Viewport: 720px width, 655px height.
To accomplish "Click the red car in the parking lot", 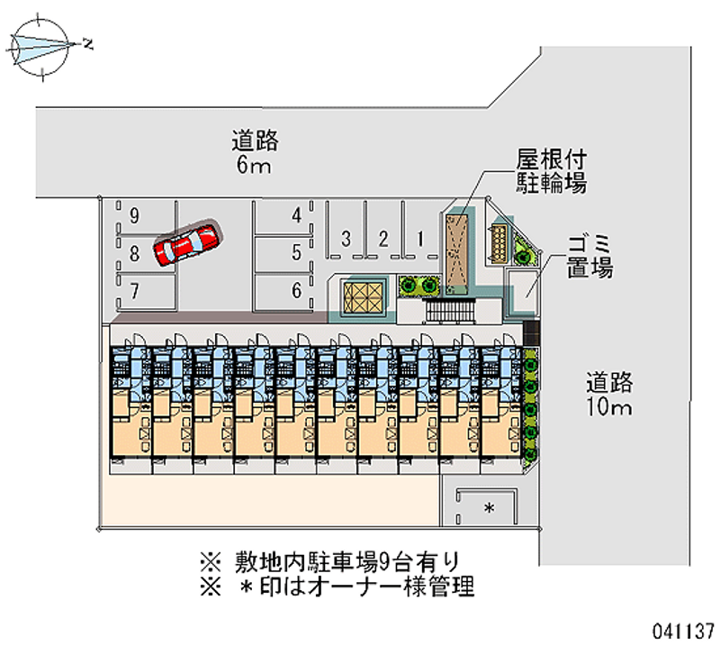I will pyautogui.click(x=185, y=243).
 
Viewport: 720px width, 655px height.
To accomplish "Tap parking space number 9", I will pyautogui.click(x=134, y=215).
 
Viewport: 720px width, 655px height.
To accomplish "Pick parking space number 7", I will pyautogui.click(x=134, y=290).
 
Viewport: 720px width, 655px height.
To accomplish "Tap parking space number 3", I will pyautogui.click(x=346, y=239).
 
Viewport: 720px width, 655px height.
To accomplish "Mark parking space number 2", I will pyautogui.click(x=382, y=239).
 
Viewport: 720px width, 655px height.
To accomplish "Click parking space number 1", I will pyautogui.click(x=420, y=239).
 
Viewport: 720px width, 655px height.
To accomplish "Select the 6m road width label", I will pyautogui.click(x=255, y=152).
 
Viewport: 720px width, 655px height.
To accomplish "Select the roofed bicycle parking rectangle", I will pyautogui.click(x=456, y=252).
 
